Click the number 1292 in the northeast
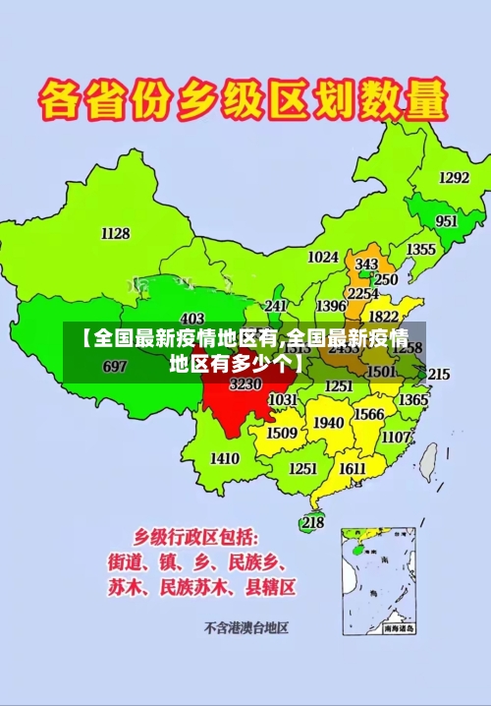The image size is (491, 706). coord(454,178)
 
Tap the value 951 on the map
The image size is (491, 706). coord(447,221)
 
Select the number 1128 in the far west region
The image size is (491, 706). coord(115,233)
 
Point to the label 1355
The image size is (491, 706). coord(421,250)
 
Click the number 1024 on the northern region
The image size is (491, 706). coord(323,258)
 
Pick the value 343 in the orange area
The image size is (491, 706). coord(366,265)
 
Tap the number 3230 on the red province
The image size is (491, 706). coord(245,384)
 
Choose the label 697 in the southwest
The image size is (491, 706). coord(115,366)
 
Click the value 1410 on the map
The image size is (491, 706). coord(225,458)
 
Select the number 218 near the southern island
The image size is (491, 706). coord(312,522)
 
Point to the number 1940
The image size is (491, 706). coord(328,423)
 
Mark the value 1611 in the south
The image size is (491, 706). coord(353,468)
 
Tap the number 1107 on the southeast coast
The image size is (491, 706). coord(396,437)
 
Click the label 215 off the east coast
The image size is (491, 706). coord(438,374)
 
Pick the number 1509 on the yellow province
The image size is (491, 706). coord(282,433)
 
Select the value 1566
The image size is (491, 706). coord(368,415)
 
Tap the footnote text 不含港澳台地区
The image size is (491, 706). coord(245,626)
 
